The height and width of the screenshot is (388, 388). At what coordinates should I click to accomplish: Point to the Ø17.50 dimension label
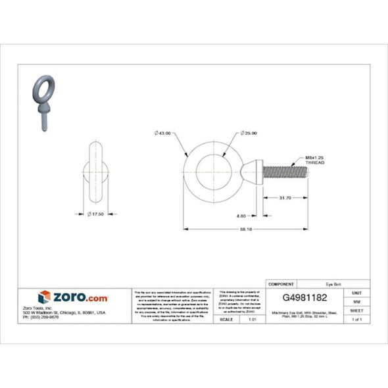pyautogui.click(x=98, y=214)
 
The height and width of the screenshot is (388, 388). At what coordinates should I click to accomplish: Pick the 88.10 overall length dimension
pyautogui.click(x=245, y=229)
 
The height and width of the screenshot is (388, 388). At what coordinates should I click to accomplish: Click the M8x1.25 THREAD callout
pyautogui.click(x=315, y=160)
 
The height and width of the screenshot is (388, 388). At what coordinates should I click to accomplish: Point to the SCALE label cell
pyautogui.click(x=226, y=319)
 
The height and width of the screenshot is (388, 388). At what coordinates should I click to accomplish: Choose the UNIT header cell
pyautogui.click(x=357, y=292)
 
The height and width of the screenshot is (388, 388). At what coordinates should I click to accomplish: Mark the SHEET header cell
pyautogui.click(x=357, y=310)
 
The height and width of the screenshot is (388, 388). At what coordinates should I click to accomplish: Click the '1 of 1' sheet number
pyautogui.click(x=357, y=319)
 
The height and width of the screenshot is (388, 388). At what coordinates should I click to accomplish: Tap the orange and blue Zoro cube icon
pyautogui.click(x=45, y=297)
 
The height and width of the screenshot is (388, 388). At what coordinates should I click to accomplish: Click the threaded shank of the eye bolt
pyautogui.click(x=285, y=173)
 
